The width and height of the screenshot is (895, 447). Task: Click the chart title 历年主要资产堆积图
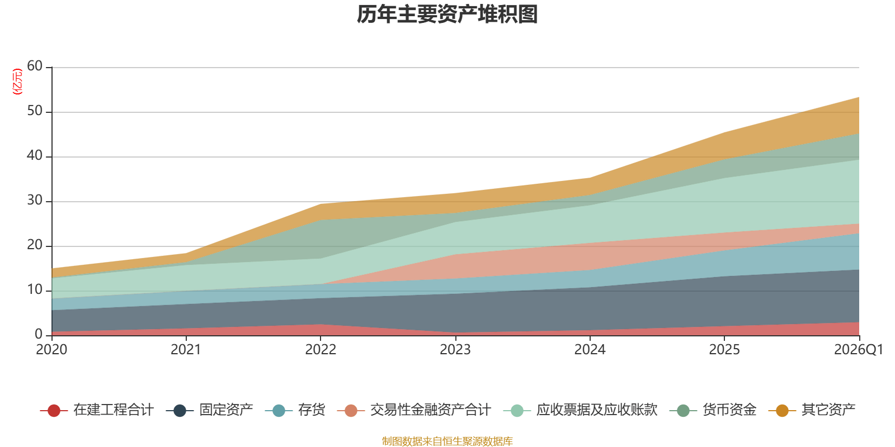pyautogui.click(x=447, y=15)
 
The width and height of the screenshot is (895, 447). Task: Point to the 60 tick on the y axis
pyautogui.click(x=35, y=66)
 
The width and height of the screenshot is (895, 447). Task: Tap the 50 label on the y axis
pyautogui.click(x=35, y=111)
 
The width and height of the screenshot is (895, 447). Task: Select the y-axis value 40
pyautogui.click(x=35, y=156)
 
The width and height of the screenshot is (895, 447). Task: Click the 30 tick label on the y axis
pyautogui.click(x=35, y=201)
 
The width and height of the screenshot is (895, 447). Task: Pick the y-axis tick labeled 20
pyautogui.click(x=35, y=245)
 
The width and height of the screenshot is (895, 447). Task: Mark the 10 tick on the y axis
pyautogui.click(x=35, y=290)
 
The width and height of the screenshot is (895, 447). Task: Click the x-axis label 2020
pyautogui.click(x=51, y=350)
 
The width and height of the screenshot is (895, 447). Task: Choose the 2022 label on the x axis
pyautogui.click(x=321, y=350)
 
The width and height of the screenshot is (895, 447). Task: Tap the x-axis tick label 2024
pyautogui.click(x=590, y=350)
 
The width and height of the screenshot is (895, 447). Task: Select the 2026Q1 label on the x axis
pyautogui.click(x=858, y=350)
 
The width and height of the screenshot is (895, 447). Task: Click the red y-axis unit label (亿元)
pyautogui.click(x=17, y=82)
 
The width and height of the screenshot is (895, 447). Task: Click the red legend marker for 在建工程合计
pyautogui.click(x=54, y=411)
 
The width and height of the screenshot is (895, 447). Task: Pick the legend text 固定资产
pyautogui.click(x=226, y=410)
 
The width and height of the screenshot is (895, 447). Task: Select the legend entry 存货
pyautogui.click(x=312, y=410)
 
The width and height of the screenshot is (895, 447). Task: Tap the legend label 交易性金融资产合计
pyautogui.click(x=430, y=410)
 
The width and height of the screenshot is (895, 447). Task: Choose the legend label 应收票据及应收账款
pyautogui.click(x=596, y=410)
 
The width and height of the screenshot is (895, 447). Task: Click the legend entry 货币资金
pyautogui.click(x=729, y=410)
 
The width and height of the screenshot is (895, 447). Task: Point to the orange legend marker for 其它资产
pyautogui.click(x=782, y=411)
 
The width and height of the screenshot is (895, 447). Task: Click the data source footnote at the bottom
pyautogui.click(x=447, y=441)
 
